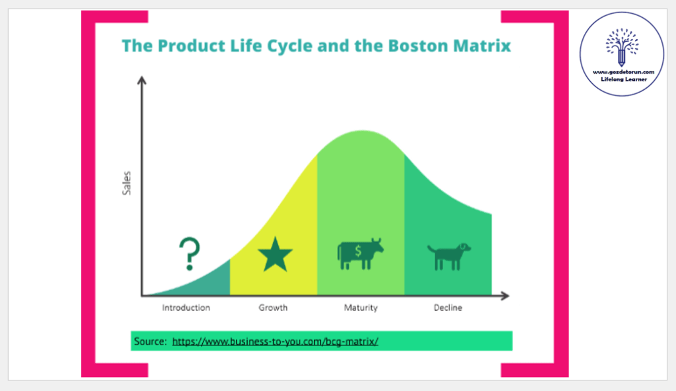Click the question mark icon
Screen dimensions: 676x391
[x=190, y=254]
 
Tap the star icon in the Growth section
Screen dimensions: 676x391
[x=275, y=255]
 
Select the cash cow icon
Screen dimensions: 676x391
[x=360, y=254]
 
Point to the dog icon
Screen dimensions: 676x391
[x=449, y=256]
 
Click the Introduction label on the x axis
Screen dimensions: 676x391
[x=186, y=308]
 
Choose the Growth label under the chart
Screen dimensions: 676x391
[x=273, y=308]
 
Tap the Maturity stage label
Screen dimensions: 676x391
[x=361, y=308]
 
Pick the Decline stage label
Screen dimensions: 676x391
[x=448, y=308]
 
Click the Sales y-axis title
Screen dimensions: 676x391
[x=126, y=183]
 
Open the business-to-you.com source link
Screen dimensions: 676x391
[x=275, y=341]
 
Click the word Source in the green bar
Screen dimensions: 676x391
[x=150, y=341]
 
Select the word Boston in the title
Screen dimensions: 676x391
[x=418, y=46]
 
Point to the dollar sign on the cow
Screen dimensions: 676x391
[x=358, y=251]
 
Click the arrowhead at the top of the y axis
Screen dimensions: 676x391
[x=142, y=80]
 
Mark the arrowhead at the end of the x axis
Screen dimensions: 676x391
[x=505, y=296]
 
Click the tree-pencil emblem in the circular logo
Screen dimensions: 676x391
[x=622, y=47]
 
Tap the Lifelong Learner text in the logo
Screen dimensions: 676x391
[x=624, y=79]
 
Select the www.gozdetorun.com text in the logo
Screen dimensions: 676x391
[x=623, y=72]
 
